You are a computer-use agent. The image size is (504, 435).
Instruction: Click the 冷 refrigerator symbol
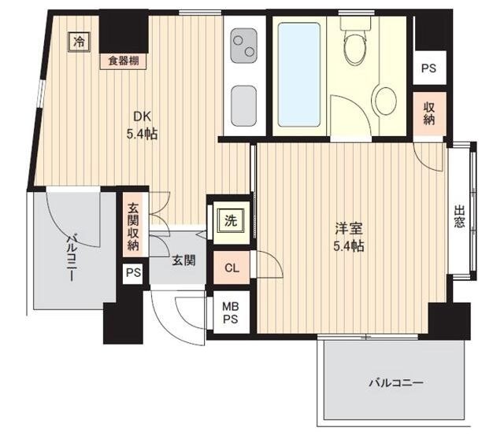79,42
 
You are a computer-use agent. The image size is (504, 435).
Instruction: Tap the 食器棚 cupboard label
123,61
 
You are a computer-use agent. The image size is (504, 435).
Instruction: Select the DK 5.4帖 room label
142,125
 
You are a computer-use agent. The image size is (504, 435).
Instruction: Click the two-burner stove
244,46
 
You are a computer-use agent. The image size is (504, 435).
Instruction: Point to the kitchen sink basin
244,106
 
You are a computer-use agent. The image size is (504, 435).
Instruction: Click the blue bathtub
299,75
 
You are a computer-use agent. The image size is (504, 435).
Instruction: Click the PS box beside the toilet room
429,68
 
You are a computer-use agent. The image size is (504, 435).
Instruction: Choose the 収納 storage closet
429,113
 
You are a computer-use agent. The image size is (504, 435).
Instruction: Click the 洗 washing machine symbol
231,220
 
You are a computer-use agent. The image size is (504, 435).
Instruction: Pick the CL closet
232,267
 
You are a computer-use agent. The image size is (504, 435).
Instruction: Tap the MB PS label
231,313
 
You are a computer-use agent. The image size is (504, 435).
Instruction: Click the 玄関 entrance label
183,260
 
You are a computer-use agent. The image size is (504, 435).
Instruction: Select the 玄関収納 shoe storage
133,227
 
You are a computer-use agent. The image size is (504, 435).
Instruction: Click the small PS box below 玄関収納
133,273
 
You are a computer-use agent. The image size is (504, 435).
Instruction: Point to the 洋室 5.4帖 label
349,238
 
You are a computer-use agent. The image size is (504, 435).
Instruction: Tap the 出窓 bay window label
459,216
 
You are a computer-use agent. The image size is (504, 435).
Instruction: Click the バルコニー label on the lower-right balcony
395,382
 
